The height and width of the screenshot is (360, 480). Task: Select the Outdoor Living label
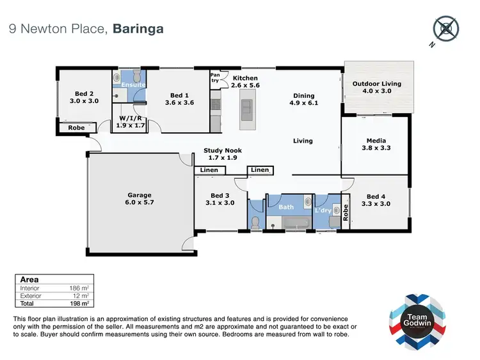click(x=377, y=84)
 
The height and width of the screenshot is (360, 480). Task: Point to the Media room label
click(x=376, y=141)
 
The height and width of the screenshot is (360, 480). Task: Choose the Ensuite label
click(x=133, y=84)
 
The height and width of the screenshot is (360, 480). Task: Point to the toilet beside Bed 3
click(x=255, y=222)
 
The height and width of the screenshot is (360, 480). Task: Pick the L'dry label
click(x=323, y=210)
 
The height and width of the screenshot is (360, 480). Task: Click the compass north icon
click(x=445, y=29)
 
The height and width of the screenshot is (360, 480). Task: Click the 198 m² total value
click(x=78, y=304)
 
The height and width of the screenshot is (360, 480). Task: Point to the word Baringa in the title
click(x=139, y=28)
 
